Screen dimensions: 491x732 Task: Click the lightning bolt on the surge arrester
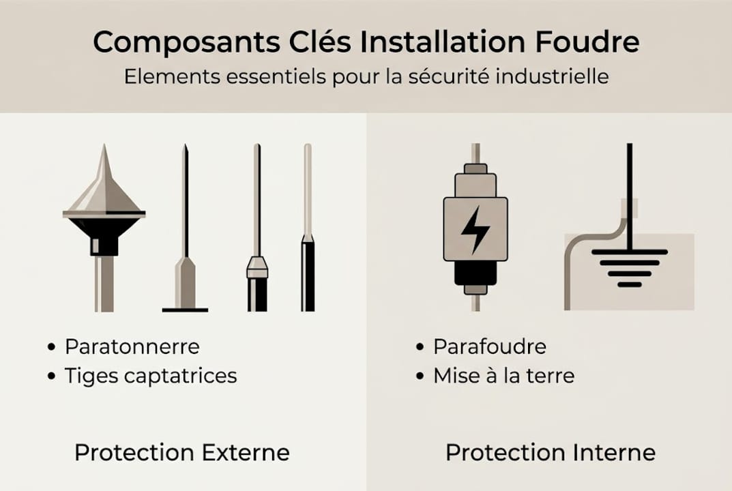click(x=475, y=229)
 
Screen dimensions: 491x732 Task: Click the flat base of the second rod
click(x=185, y=310)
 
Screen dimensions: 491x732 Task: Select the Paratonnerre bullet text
click(x=132, y=346)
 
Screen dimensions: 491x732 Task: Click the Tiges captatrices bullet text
click(x=151, y=375)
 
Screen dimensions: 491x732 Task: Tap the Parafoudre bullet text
click(x=490, y=346)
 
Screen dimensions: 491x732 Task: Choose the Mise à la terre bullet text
click(x=504, y=375)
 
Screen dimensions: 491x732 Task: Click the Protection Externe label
click(x=182, y=452)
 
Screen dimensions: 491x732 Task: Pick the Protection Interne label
click(x=551, y=452)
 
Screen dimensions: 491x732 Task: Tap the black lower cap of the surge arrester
click(x=475, y=273)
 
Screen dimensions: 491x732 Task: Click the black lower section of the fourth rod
click(x=308, y=276)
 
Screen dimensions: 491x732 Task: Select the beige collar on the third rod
click(x=257, y=267)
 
